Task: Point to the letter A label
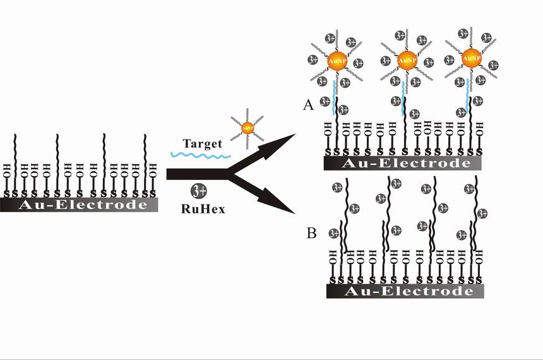pos(309,105)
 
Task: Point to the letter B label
pos(311,233)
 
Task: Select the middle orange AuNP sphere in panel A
pos(407,60)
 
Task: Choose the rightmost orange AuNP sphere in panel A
pos(471,58)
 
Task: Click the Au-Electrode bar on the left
pos(78,205)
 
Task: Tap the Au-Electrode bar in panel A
pos(403,164)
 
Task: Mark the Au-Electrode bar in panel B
pos(405,291)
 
